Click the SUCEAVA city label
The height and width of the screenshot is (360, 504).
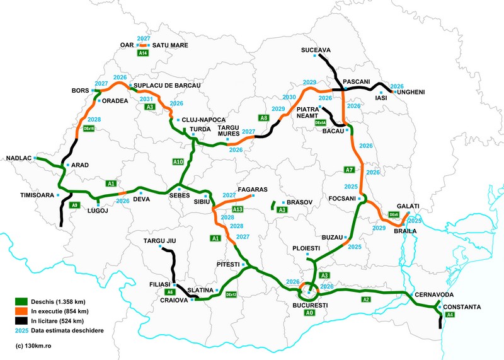coord(316,49)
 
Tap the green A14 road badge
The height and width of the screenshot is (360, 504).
coord(144,54)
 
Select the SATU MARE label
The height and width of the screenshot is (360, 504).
coord(170,45)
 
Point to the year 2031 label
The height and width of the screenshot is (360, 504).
coord(146,99)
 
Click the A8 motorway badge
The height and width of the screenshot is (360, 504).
coord(264,118)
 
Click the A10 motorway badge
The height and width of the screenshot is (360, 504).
coord(178,162)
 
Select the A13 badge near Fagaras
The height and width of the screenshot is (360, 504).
coord(238,209)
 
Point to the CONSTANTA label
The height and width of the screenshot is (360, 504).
coord(462,307)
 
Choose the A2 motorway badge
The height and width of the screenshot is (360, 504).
coord(366,300)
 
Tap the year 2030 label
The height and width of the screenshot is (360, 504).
coord(289,97)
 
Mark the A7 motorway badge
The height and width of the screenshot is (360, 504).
coord(349,170)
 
